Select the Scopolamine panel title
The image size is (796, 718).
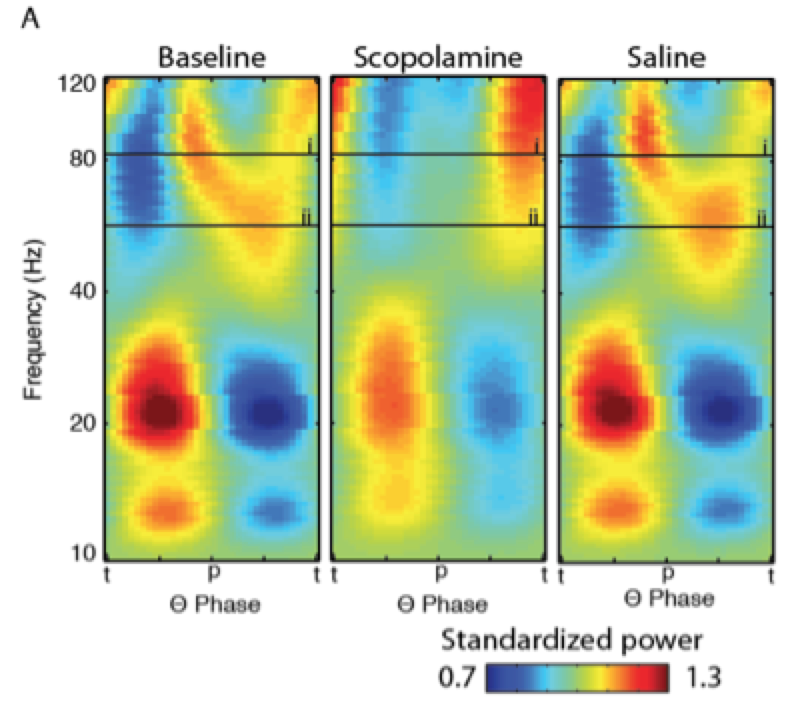438,58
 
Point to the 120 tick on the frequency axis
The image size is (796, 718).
77,84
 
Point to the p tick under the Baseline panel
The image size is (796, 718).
212,572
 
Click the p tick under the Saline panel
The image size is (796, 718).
667,572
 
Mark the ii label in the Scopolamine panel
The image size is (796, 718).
534,216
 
